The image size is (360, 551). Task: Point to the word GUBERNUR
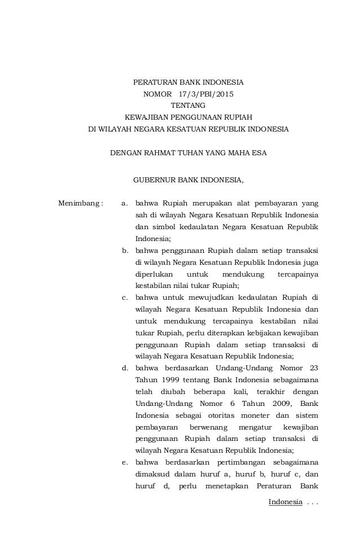pyautogui.click(x=154, y=181)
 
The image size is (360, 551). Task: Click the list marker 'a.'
pyautogui.click(x=126, y=203)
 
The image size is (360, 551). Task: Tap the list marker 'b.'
pyautogui.click(x=126, y=250)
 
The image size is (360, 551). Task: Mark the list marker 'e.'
pyautogui.click(x=126, y=463)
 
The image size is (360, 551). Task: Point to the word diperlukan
pyautogui.click(x=155, y=274)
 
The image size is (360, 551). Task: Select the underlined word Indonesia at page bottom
pyautogui.click(x=285, y=502)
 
